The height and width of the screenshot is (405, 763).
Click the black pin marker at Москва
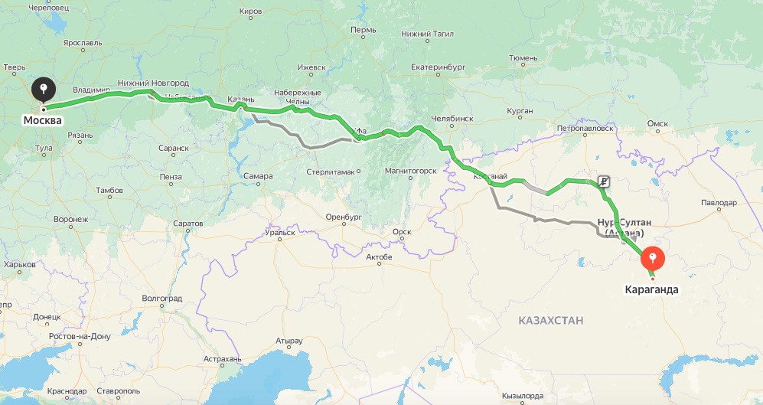coord(43,89)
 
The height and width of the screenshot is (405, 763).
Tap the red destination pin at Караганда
coord(653,257)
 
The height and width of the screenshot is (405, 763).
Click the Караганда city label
coord(652,290)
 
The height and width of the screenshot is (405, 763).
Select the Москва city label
coord(42,121)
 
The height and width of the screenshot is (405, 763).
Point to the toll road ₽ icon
coord(604,181)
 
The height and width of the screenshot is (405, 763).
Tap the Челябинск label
coord(452,119)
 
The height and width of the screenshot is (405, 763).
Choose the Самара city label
coord(258,176)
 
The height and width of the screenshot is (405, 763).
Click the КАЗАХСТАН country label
coord(550,320)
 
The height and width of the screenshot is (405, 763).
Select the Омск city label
coord(657,123)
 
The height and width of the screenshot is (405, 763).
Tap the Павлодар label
coord(718,203)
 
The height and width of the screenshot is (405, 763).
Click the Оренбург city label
coord(342,217)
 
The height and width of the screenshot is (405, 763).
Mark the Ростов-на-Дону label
coord(79,336)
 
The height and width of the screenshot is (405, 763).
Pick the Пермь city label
coord(363,30)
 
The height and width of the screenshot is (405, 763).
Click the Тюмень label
coord(523,57)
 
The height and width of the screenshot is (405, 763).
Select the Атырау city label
coord(289,340)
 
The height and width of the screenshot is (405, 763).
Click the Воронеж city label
coord(70,219)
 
